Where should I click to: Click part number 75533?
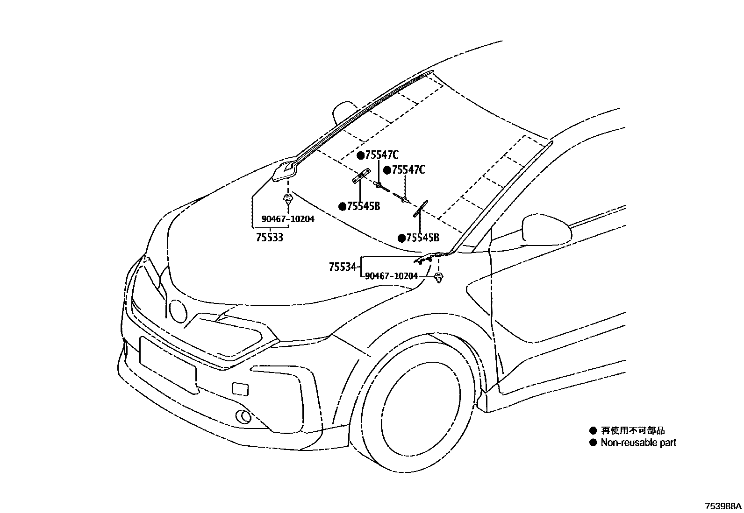click(270, 238)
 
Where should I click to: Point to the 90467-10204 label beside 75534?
click(391, 276)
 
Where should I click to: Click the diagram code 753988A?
click(723, 506)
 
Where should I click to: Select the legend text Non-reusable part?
click(638, 443)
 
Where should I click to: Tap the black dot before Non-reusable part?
click(594, 443)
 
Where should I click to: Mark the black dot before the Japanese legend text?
click(594, 430)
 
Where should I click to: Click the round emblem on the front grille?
click(178, 311)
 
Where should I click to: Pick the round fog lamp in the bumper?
click(243, 417)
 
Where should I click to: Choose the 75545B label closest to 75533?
click(363, 206)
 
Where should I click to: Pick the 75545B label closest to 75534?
click(422, 238)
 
